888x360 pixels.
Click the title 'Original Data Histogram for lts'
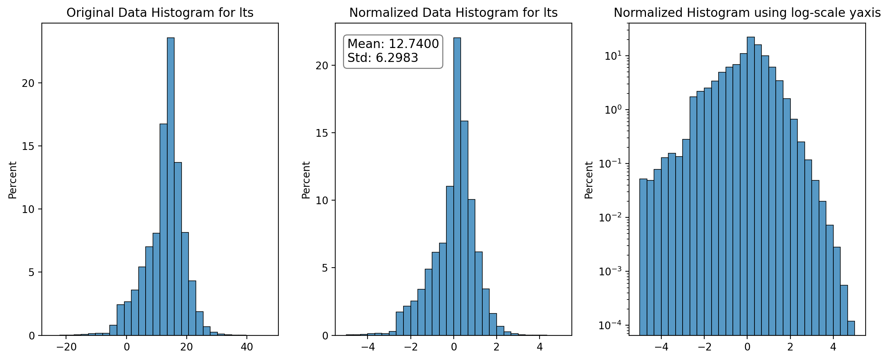pos(160,13)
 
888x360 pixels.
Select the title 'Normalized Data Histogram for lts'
pos(453,13)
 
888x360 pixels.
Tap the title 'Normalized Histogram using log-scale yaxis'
pos(747,13)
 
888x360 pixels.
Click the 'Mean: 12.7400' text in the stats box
pos(393,44)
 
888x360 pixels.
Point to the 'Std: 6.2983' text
pos(383,58)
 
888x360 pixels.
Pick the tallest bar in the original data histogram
pos(171,187)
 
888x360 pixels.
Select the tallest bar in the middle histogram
pos(457,187)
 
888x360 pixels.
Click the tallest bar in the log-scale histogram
pos(751,186)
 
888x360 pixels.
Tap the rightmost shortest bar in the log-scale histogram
pos(851,328)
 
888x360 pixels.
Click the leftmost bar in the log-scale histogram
pos(643,257)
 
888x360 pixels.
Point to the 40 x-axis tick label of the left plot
pos(247,347)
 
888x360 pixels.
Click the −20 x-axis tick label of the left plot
pos(66,347)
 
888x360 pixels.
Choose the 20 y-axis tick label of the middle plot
pos(322,66)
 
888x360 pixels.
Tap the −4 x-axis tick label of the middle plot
pos(368,347)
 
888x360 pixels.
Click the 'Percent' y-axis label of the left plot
pos(13,180)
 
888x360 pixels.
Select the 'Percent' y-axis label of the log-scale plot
pos(589,180)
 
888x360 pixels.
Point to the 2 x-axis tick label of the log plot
pos(790,347)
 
